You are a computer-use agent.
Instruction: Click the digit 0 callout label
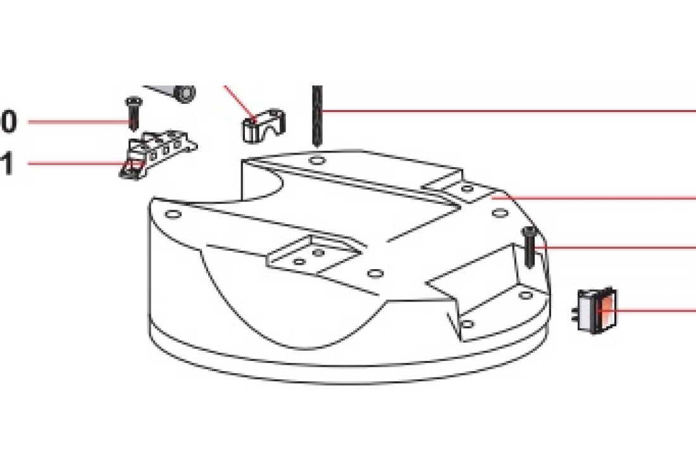tap(9, 122)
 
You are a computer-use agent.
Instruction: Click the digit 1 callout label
tap(7, 163)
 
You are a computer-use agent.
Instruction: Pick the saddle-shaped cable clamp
tap(264, 125)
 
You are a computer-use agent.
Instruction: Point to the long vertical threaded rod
tap(316, 117)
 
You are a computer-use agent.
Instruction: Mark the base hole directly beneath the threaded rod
tap(316, 158)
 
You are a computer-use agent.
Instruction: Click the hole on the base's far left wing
tap(173, 215)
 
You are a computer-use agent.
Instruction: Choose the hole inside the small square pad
tap(467, 189)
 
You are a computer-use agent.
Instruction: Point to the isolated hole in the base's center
tap(375, 272)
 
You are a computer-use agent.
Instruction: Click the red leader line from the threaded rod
tap(508, 111)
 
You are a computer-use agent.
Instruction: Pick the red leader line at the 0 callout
tap(80, 122)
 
